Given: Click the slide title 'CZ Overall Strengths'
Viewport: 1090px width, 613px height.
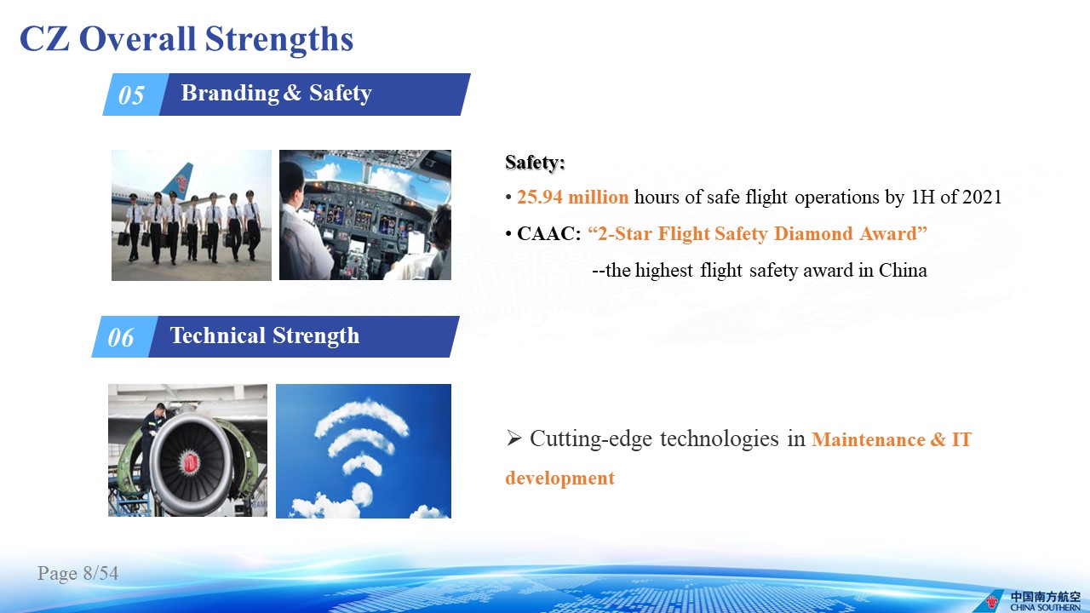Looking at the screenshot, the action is click(x=186, y=39).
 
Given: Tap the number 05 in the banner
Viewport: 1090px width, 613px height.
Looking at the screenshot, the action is click(x=131, y=95).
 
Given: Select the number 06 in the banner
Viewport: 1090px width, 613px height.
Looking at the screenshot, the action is click(x=120, y=337).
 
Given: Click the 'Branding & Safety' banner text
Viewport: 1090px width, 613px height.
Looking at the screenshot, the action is click(x=277, y=93).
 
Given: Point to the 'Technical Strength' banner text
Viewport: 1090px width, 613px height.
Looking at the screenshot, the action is click(x=265, y=335).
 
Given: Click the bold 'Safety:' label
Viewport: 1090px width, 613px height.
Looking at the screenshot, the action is click(x=535, y=162).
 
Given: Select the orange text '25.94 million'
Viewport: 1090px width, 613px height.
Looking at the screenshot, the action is click(x=573, y=197).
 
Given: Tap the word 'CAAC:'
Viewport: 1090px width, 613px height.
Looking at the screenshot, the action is click(x=549, y=233).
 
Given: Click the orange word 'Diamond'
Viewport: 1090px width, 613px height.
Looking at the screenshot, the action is click(x=813, y=233).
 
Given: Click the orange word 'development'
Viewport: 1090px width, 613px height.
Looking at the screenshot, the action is click(x=560, y=478).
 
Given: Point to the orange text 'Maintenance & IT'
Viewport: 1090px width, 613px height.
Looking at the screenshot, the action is click(x=892, y=439).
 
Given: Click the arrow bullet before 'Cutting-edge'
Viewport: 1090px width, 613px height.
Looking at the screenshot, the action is click(x=513, y=438).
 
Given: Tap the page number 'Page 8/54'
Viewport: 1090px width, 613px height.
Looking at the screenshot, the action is click(x=77, y=573).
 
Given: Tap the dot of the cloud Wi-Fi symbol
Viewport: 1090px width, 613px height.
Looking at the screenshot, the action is click(x=362, y=493).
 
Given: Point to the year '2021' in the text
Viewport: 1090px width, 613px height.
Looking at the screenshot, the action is click(x=982, y=197).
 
